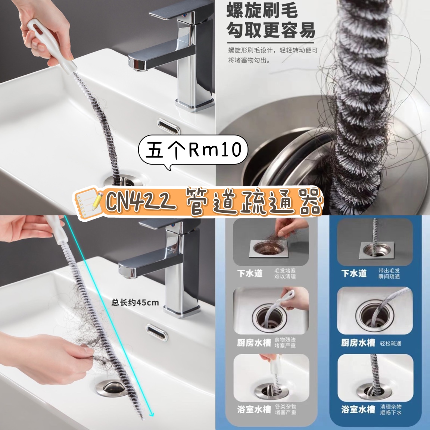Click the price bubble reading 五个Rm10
pos(193,150)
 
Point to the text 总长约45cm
pos(135,303)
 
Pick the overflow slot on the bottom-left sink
pos(157,332)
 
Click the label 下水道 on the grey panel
pos(250,273)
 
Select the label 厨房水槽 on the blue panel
pos(358,343)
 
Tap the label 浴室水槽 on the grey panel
pos(254,409)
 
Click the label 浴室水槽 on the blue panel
pos(358,409)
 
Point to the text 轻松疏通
pos(390,343)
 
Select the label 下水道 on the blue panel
pos(354,273)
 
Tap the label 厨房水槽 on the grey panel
pos(254,343)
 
